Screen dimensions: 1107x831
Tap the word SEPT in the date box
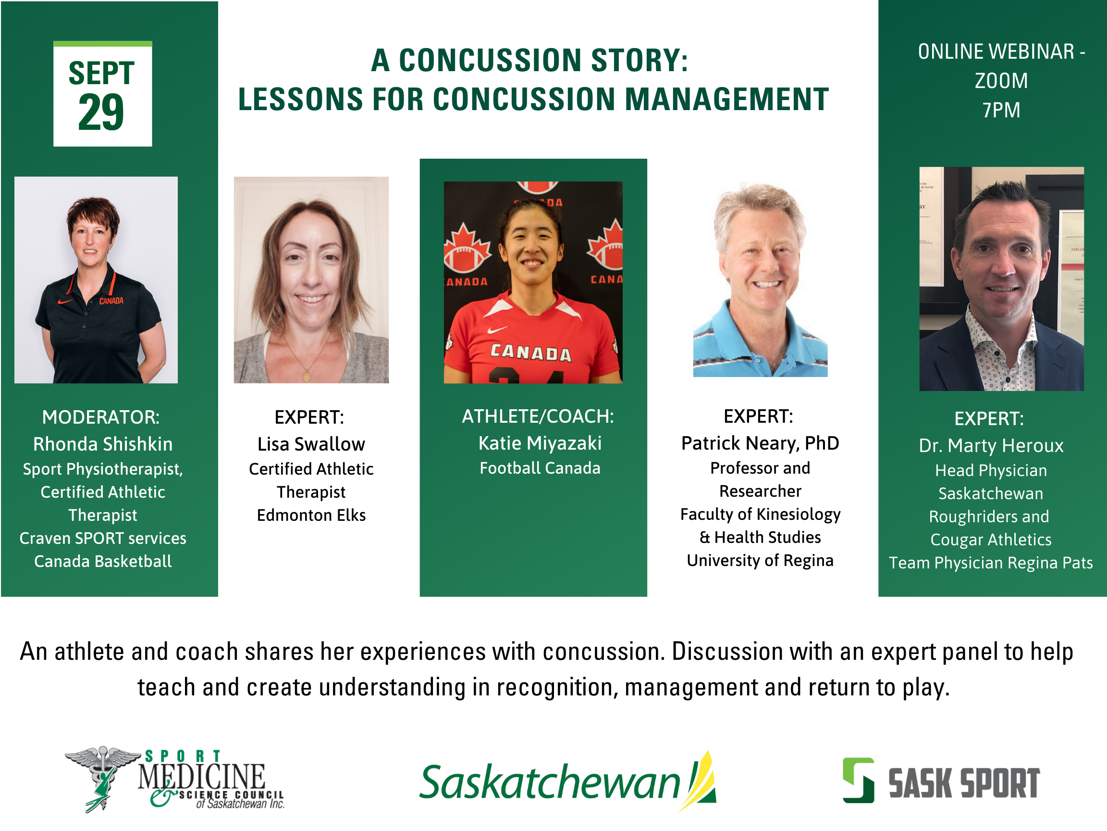[x=101, y=73]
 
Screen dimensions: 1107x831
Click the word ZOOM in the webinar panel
[x=1001, y=81]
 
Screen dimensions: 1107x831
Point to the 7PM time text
[x=1001, y=110]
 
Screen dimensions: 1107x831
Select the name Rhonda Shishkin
[x=103, y=444]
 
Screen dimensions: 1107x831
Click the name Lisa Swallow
[x=311, y=444]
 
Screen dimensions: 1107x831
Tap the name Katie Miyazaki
[x=540, y=443]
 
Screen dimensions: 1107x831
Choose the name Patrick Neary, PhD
[x=760, y=443]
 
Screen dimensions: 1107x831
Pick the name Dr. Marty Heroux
[x=991, y=445]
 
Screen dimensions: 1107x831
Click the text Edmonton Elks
[x=311, y=515]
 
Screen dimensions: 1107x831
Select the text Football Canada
[x=540, y=468]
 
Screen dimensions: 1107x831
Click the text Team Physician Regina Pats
[x=991, y=563]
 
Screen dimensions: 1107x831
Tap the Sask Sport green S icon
[x=858, y=781]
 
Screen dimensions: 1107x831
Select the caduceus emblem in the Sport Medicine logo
[x=103, y=778]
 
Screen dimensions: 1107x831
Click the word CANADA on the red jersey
[x=530, y=352]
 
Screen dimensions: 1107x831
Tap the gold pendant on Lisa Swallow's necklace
[x=307, y=376]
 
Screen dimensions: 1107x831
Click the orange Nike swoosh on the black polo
[x=65, y=302]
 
